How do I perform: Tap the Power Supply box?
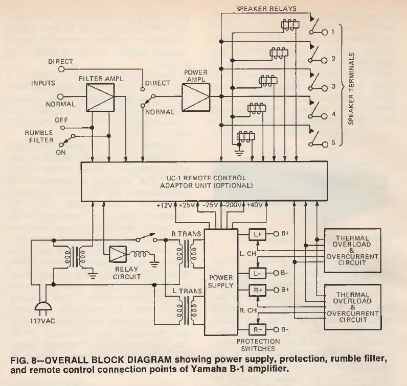coord(221,276)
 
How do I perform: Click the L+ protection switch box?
coord(257,235)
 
